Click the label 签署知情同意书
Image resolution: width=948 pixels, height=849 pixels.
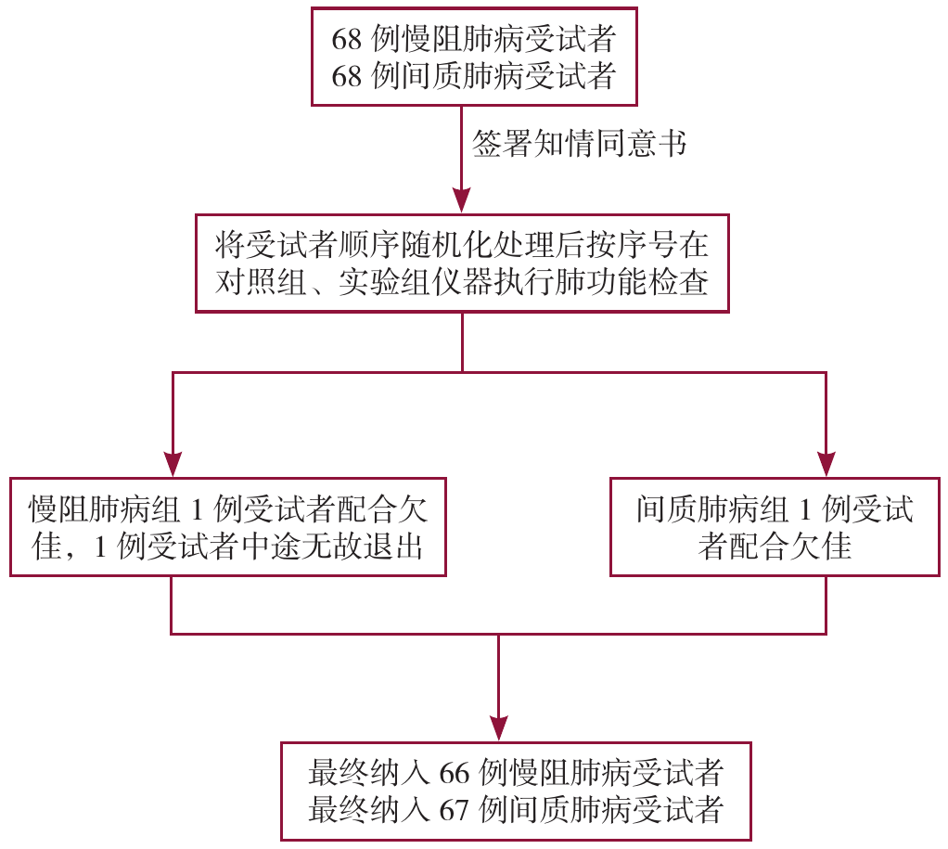coord(580,145)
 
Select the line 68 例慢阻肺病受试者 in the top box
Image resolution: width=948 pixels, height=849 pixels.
coord(474,39)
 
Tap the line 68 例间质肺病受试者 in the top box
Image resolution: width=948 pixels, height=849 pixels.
coord(474,75)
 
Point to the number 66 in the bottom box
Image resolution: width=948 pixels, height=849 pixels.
coord(455,772)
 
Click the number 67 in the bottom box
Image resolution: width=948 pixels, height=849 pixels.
coord(455,808)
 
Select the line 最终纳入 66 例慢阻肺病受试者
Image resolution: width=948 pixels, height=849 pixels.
coord(516,772)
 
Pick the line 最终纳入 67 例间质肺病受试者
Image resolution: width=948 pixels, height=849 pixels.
coord(516,808)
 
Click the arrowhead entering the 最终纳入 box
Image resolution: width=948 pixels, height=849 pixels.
coord(499,727)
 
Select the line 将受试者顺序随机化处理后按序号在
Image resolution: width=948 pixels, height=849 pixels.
coord(462,245)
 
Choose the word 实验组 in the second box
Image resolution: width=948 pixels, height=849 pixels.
coord(380,282)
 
